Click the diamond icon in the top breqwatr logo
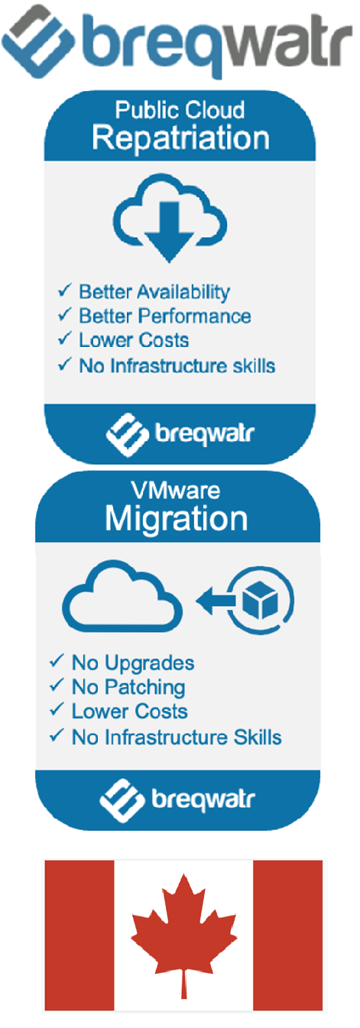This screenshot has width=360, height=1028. click(x=37, y=41)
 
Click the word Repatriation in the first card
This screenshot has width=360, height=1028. click(x=180, y=138)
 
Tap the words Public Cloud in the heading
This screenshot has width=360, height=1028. click(x=180, y=110)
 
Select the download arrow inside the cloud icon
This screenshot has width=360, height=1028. click(x=169, y=232)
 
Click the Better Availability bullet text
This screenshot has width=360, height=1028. click(x=154, y=292)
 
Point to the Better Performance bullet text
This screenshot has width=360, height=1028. click(x=165, y=316)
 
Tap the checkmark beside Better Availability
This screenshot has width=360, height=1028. click(x=65, y=290)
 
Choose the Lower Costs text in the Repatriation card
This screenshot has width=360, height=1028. click(x=134, y=341)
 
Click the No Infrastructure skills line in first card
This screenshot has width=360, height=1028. click(x=177, y=366)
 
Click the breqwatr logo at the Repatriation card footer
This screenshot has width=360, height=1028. click(x=180, y=435)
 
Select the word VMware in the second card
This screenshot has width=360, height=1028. click(x=176, y=491)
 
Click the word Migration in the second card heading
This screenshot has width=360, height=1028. click(x=177, y=519)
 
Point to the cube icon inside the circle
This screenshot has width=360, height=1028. click(x=261, y=600)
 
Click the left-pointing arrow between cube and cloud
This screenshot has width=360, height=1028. click(x=216, y=600)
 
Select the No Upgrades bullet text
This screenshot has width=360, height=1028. click(x=133, y=663)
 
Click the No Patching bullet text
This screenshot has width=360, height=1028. click(x=128, y=687)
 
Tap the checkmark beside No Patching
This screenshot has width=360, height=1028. click(x=57, y=685)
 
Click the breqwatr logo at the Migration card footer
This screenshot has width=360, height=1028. click(x=177, y=800)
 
